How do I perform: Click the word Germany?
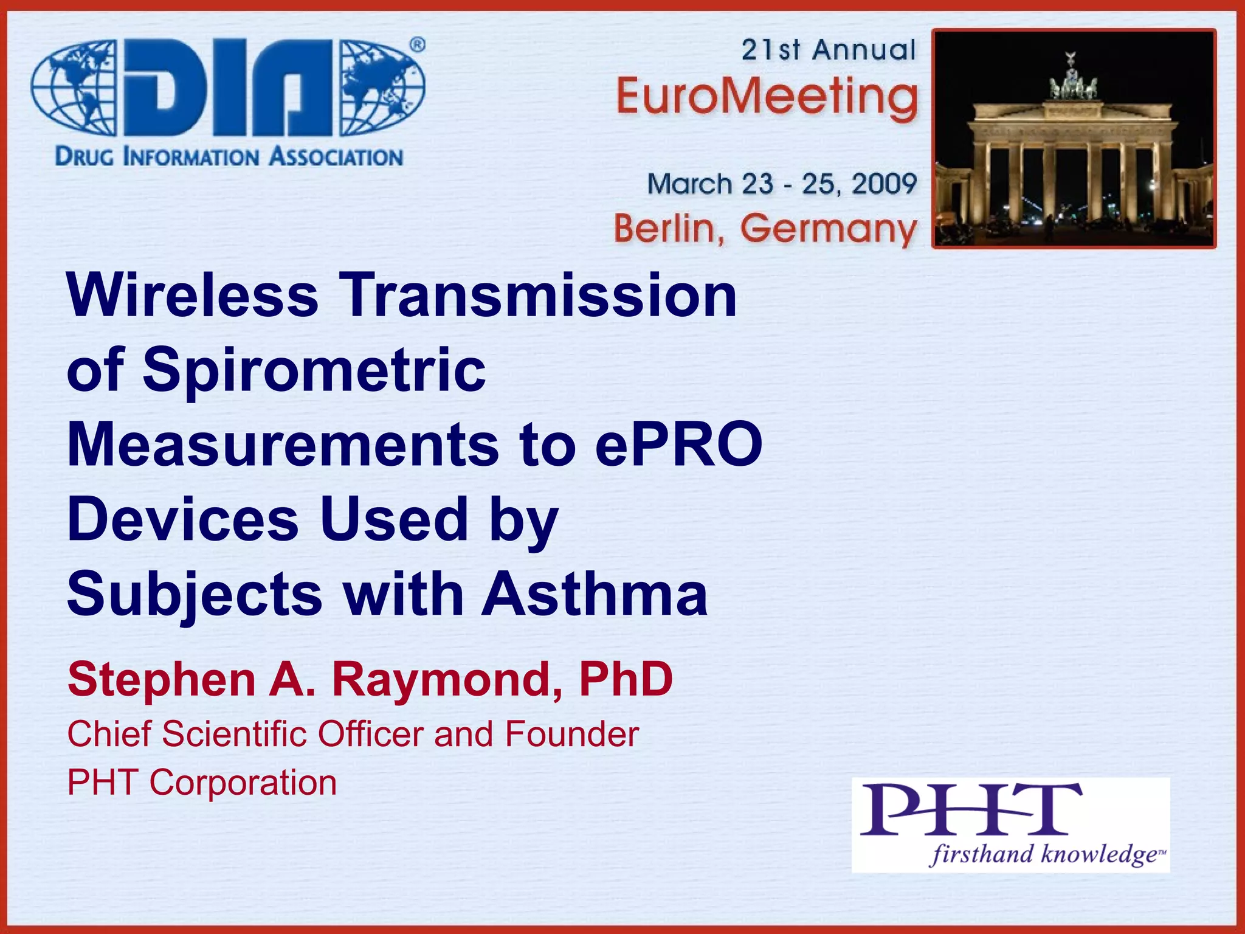828,230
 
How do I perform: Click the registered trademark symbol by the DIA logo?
417,45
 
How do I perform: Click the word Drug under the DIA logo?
84,157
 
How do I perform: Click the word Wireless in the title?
192,296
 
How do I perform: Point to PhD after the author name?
626,679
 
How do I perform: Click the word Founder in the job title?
571,734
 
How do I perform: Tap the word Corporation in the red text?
243,783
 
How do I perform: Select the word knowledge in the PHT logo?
1099,854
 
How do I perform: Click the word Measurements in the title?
283,445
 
